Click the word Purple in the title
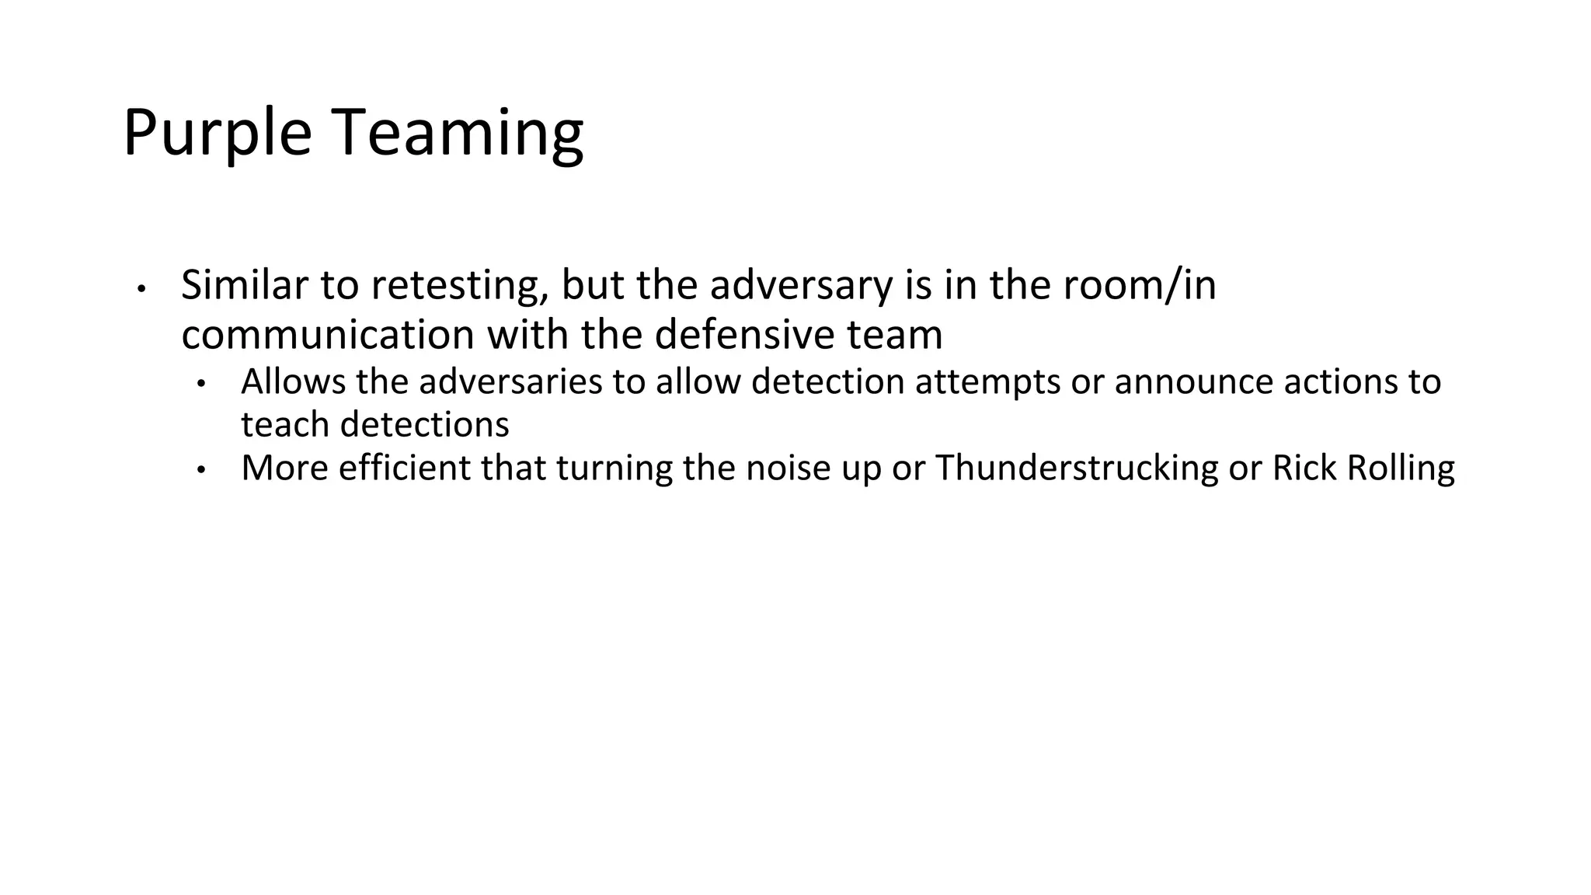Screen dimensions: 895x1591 coord(217,134)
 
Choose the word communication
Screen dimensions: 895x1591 coord(327,335)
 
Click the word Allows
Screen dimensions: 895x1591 coord(293,381)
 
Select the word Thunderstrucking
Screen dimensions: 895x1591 coord(1077,468)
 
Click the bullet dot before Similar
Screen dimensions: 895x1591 coord(141,289)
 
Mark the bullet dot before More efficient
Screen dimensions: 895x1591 coord(200,470)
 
